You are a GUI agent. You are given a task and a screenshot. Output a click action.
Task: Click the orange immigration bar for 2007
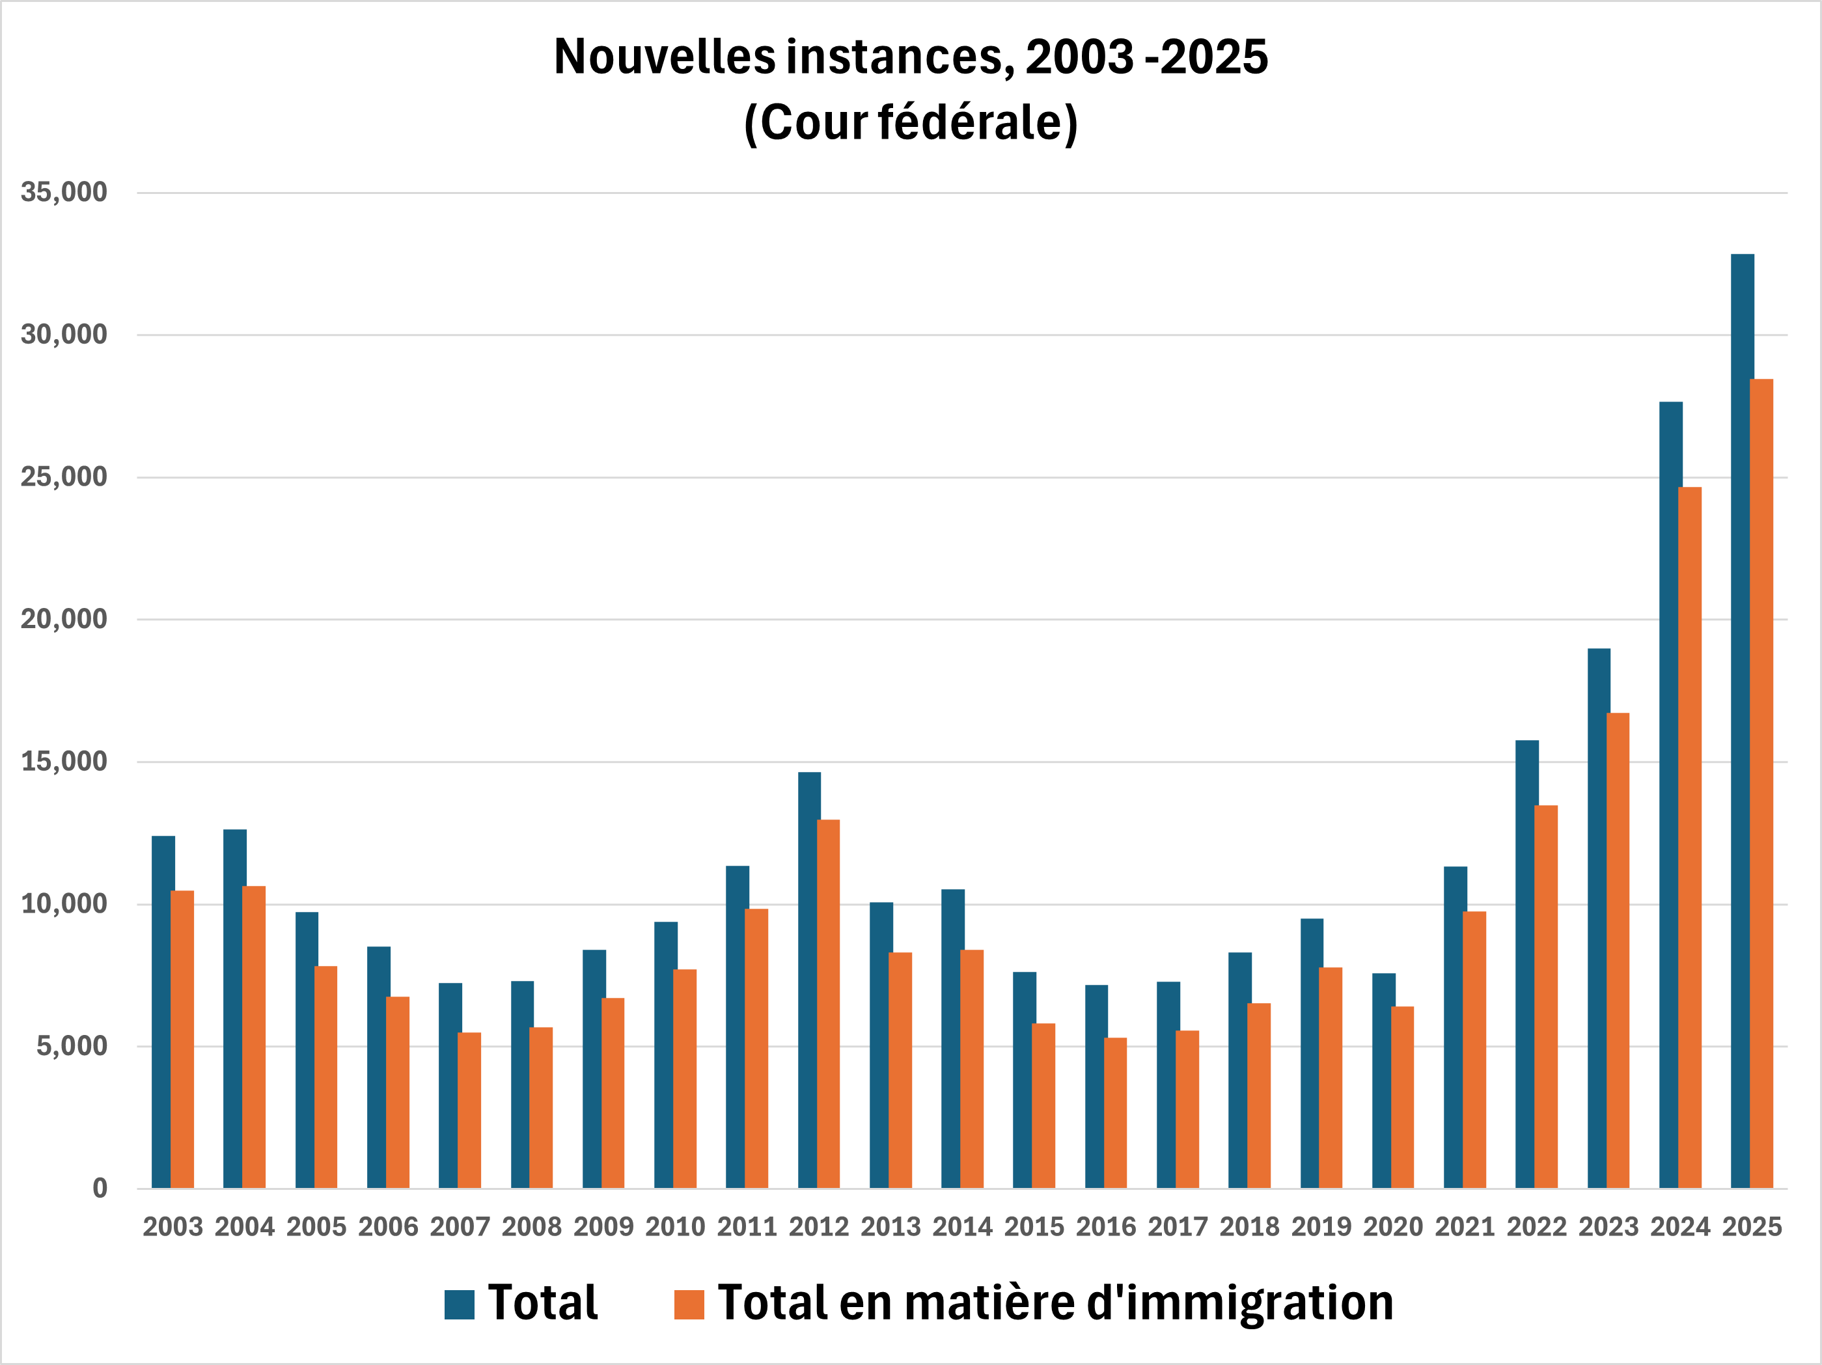click(469, 1110)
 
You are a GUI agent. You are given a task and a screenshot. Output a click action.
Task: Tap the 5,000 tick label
click(72, 1046)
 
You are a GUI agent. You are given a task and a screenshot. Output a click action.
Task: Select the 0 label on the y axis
click(100, 1188)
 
